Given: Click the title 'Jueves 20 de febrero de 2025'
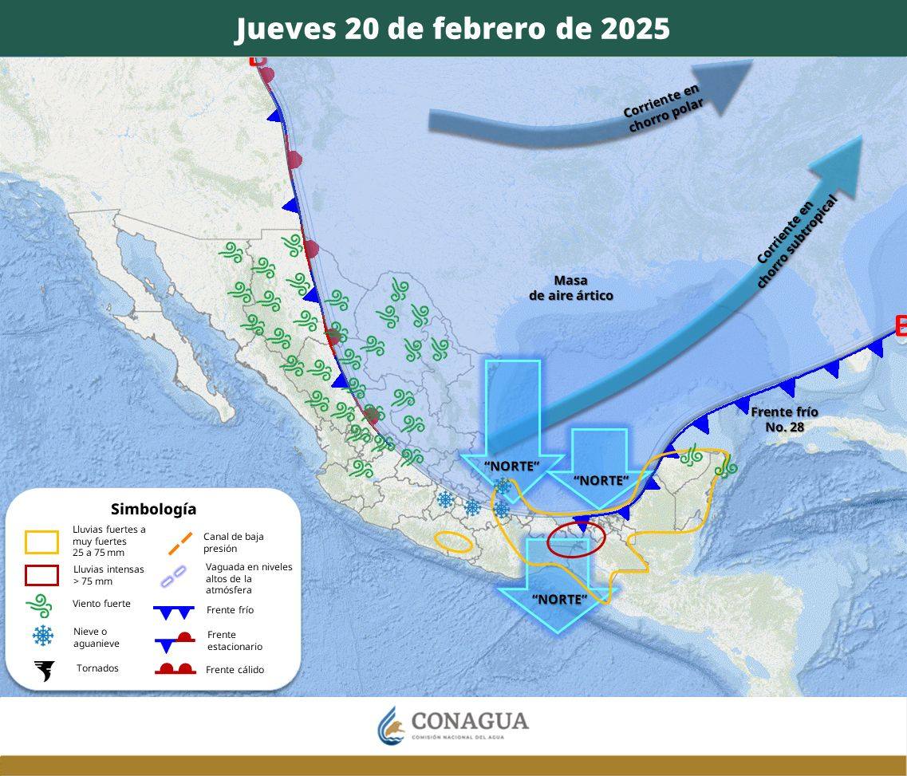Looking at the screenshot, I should click(452, 29).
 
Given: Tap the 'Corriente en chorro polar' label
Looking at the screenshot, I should click(663, 109).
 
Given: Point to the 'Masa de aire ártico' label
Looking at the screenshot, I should click(571, 288).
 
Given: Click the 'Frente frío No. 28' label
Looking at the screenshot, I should click(784, 419).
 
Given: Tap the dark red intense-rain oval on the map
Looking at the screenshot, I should click(577, 539).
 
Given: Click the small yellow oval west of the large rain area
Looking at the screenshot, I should click(453, 542).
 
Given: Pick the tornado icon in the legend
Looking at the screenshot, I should click(43, 670).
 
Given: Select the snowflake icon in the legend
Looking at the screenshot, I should click(43, 636).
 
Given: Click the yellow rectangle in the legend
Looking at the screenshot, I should click(42, 542).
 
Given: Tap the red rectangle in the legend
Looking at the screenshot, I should click(42, 575).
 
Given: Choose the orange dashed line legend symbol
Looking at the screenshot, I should click(179, 543).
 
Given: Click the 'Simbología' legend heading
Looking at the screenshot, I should click(153, 509).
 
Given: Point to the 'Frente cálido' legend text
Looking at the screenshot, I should click(235, 670).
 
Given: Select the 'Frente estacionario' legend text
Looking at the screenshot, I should click(235, 640).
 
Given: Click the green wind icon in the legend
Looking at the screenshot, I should click(41, 605).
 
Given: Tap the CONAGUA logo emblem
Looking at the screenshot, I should click(391, 724).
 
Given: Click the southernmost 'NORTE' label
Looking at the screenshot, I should click(558, 600).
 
